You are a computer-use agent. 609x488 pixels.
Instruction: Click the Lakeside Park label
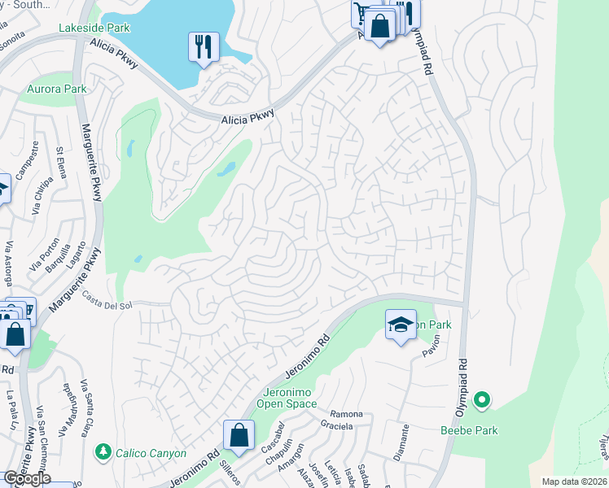94,28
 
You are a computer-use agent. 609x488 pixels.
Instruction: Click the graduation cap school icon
400,325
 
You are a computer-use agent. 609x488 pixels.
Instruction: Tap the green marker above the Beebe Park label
482,399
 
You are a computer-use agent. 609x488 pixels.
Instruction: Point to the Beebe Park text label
469,429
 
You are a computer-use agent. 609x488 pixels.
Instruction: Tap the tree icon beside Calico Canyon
103,451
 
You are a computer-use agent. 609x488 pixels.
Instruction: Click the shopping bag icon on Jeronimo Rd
239,435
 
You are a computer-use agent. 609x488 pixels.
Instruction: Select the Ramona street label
346,414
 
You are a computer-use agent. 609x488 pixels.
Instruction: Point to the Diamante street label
402,442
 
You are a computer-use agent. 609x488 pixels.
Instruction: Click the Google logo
26,478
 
